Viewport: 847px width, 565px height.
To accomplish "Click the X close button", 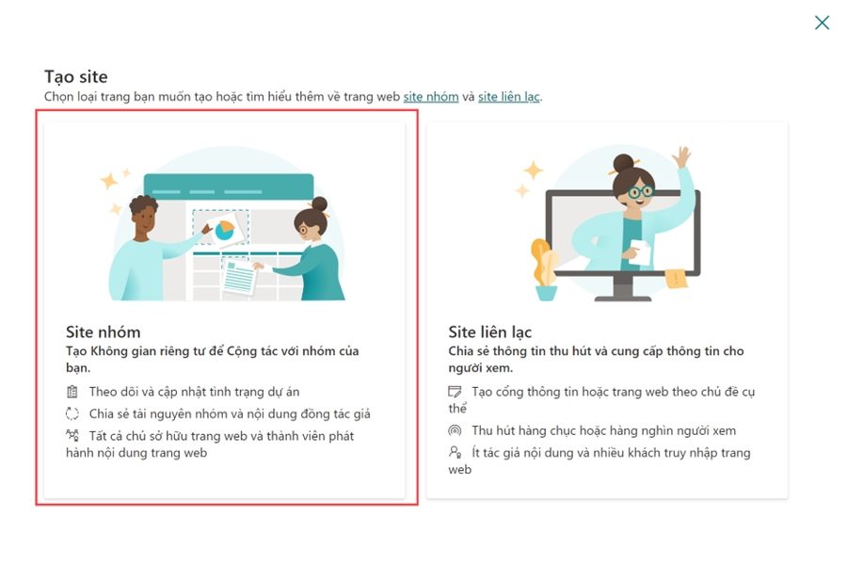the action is click(x=822, y=23).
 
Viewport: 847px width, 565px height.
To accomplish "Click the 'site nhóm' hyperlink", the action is click(x=430, y=97).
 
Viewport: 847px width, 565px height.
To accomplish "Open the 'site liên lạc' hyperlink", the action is click(x=509, y=97).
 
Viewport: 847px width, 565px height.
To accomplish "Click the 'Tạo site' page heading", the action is click(x=75, y=77).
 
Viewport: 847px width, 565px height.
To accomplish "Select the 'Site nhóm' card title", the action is click(x=103, y=331).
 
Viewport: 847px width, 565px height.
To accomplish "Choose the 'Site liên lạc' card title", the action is click(x=489, y=331).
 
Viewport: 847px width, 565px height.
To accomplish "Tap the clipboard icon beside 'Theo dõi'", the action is click(x=72, y=392).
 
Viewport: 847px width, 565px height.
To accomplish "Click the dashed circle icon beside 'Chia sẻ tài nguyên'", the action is click(x=72, y=413).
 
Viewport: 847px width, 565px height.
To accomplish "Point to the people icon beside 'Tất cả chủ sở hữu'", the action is click(x=72, y=435).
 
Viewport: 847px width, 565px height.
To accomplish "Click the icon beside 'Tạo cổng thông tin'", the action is click(x=455, y=392).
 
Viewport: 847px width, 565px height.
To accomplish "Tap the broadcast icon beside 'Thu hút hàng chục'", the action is click(x=455, y=430).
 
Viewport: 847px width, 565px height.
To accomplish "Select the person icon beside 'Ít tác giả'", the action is click(x=455, y=452).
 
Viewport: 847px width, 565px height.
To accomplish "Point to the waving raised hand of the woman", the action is click(x=681, y=157).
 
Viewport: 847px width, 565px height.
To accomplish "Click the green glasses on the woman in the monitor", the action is click(x=640, y=192).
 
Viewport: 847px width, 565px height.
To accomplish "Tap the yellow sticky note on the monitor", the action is click(x=676, y=279).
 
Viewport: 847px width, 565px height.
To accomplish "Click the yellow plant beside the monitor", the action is click(x=544, y=262).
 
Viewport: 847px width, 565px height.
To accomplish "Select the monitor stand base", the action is click(x=623, y=298).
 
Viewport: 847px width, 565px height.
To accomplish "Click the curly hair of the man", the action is click(x=143, y=204).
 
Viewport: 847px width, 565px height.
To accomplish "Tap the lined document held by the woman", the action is click(x=238, y=276).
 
